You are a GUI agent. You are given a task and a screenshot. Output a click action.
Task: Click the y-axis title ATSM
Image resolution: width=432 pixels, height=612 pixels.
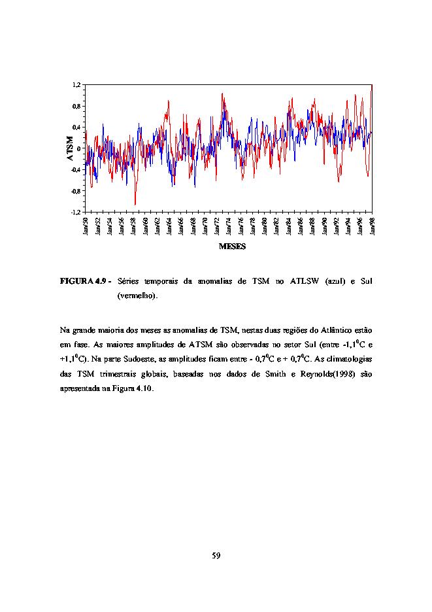70,148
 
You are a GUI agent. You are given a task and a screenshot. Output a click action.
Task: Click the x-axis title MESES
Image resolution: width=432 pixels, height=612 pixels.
232,246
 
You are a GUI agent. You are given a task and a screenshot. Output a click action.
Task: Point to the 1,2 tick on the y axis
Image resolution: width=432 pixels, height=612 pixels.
76,85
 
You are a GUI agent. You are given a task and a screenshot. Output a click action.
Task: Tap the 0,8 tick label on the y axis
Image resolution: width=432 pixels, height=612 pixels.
76,106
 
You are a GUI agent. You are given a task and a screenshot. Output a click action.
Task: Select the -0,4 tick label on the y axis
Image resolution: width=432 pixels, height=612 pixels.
76,170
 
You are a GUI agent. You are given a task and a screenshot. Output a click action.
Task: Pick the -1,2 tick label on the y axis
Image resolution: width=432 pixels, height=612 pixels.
76,212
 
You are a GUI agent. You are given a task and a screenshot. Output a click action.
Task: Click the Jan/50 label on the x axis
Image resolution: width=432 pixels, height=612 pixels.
86,226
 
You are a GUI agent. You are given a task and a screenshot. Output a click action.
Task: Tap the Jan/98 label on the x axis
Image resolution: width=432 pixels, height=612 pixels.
373,226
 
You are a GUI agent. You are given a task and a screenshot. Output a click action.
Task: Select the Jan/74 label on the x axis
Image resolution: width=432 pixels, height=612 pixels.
229,226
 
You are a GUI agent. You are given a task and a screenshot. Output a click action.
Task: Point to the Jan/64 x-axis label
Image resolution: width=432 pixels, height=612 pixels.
169,226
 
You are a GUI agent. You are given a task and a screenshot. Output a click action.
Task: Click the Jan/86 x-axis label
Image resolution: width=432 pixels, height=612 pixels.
301,226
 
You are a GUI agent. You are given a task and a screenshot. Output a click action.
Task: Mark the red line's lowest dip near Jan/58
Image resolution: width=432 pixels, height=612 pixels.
135,204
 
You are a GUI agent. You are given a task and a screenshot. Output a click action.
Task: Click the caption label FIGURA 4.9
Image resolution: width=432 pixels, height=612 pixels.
83,281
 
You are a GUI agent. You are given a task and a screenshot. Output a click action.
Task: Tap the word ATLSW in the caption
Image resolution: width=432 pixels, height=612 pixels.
305,281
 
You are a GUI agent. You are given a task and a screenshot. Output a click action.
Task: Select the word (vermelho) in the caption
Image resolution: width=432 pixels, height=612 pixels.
137,296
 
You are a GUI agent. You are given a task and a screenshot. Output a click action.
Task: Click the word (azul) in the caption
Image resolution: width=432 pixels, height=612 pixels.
335,281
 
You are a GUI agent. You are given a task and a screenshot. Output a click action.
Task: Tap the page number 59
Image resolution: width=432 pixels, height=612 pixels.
216,555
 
